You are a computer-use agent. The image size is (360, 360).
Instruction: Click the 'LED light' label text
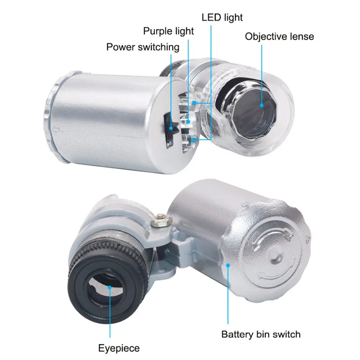tap(222, 17)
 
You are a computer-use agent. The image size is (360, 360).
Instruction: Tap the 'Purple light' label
tap(168, 31)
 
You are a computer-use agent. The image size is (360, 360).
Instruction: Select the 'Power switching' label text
tap(143, 47)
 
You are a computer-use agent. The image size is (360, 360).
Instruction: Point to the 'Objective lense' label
tap(279, 36)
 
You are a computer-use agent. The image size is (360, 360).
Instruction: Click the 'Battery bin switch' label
tap(261, 334)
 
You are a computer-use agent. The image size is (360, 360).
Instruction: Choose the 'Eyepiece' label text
tap(119, 348)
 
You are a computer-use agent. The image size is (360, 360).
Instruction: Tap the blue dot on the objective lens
tap(262, 105)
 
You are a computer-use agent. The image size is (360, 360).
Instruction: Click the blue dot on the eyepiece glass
tap(109, 288)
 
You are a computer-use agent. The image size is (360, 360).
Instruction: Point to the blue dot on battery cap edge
tap(228, 265)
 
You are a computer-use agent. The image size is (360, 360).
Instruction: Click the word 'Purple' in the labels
tap(157, 31)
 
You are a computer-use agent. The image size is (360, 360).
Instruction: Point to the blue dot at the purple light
tap(188, 122)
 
